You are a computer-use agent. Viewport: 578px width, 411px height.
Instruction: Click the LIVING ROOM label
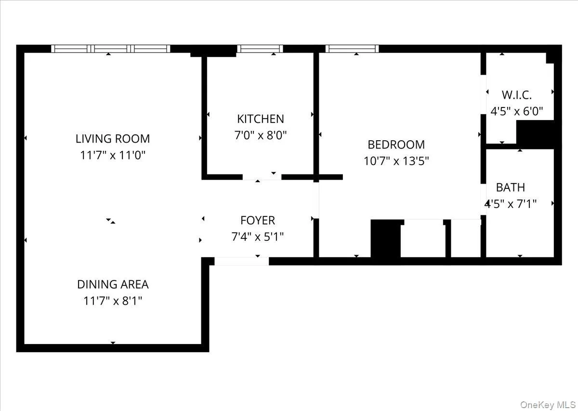pos(113,139)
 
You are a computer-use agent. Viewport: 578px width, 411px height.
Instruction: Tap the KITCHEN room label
pos(260,119)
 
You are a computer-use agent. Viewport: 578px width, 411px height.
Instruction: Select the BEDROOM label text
pos(396,145)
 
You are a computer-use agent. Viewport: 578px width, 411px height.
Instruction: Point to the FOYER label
pos(258,221)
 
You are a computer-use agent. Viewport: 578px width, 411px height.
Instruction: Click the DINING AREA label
pos(113,284)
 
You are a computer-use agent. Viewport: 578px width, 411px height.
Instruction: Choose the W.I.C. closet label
pos(516,94)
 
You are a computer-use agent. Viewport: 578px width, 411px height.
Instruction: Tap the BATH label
pos(511,187)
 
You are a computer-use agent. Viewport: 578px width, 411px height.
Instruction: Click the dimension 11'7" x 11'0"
pos(113,156)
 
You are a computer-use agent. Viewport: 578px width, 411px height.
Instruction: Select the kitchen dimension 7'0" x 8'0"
pos(260,135)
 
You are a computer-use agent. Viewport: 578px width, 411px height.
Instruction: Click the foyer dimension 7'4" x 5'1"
pos(258,237)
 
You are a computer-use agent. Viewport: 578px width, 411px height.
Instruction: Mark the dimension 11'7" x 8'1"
pos(113,301)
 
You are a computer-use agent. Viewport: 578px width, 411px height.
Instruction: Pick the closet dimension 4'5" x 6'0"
pos(516,111)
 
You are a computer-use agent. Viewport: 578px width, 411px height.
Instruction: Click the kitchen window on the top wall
pos(260,49)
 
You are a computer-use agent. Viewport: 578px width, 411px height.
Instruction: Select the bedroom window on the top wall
pos(352,49)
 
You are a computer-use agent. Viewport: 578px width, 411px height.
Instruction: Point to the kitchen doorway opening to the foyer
pos(262,177)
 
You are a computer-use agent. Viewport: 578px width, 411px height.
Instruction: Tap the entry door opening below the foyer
pos(241,261)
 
